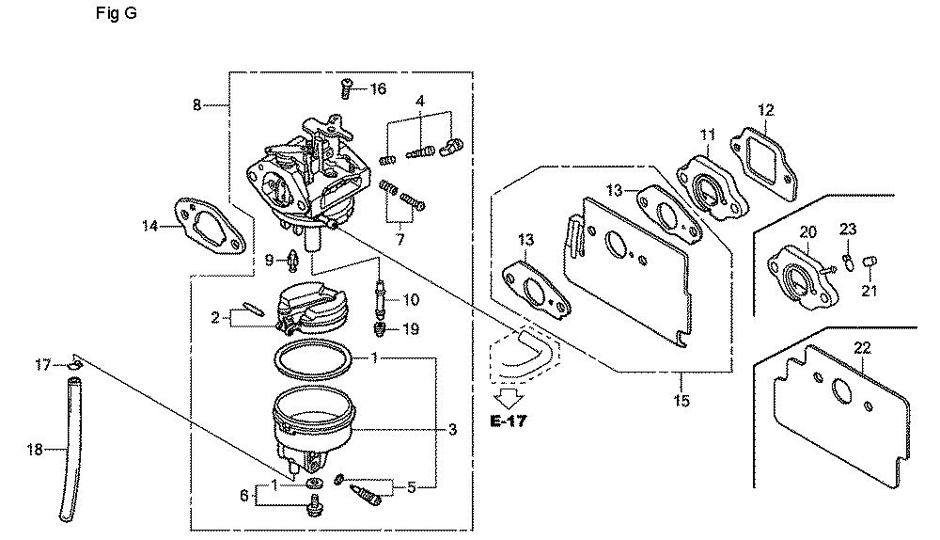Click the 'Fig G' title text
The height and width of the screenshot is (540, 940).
pyautogui.click(x=117, y=13)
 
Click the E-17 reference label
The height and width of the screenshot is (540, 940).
pyautogui.click(x=509, y=421)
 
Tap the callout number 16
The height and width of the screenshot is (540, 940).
pyautogui.click(x=378, y=89)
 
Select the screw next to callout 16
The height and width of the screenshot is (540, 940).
pyautogui.click(x=347, y=88)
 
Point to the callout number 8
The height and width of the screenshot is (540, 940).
pyautogui.click(x=196, y=105)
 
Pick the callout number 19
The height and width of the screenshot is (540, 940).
pyautogui.click(x=411, y=329)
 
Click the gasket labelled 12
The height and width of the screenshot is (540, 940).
pyautogui.click(x=763, y=162)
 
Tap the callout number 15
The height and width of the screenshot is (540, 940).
pyautogui.click(x=681, y=400)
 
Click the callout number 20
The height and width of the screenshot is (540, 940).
pyautogui.click(x=807, y=231)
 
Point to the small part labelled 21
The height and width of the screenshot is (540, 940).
pyautogui.click(x=870, y=262)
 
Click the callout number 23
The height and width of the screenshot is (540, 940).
pyautogui.click(x=848, y=229)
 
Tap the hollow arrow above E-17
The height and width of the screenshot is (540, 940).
pyautogui.click(x=509, y=398)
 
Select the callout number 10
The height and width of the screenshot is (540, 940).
pyautogui.click(x=411, y=299)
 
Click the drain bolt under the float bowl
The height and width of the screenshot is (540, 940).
pyautogui.click(x=313, y=505)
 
